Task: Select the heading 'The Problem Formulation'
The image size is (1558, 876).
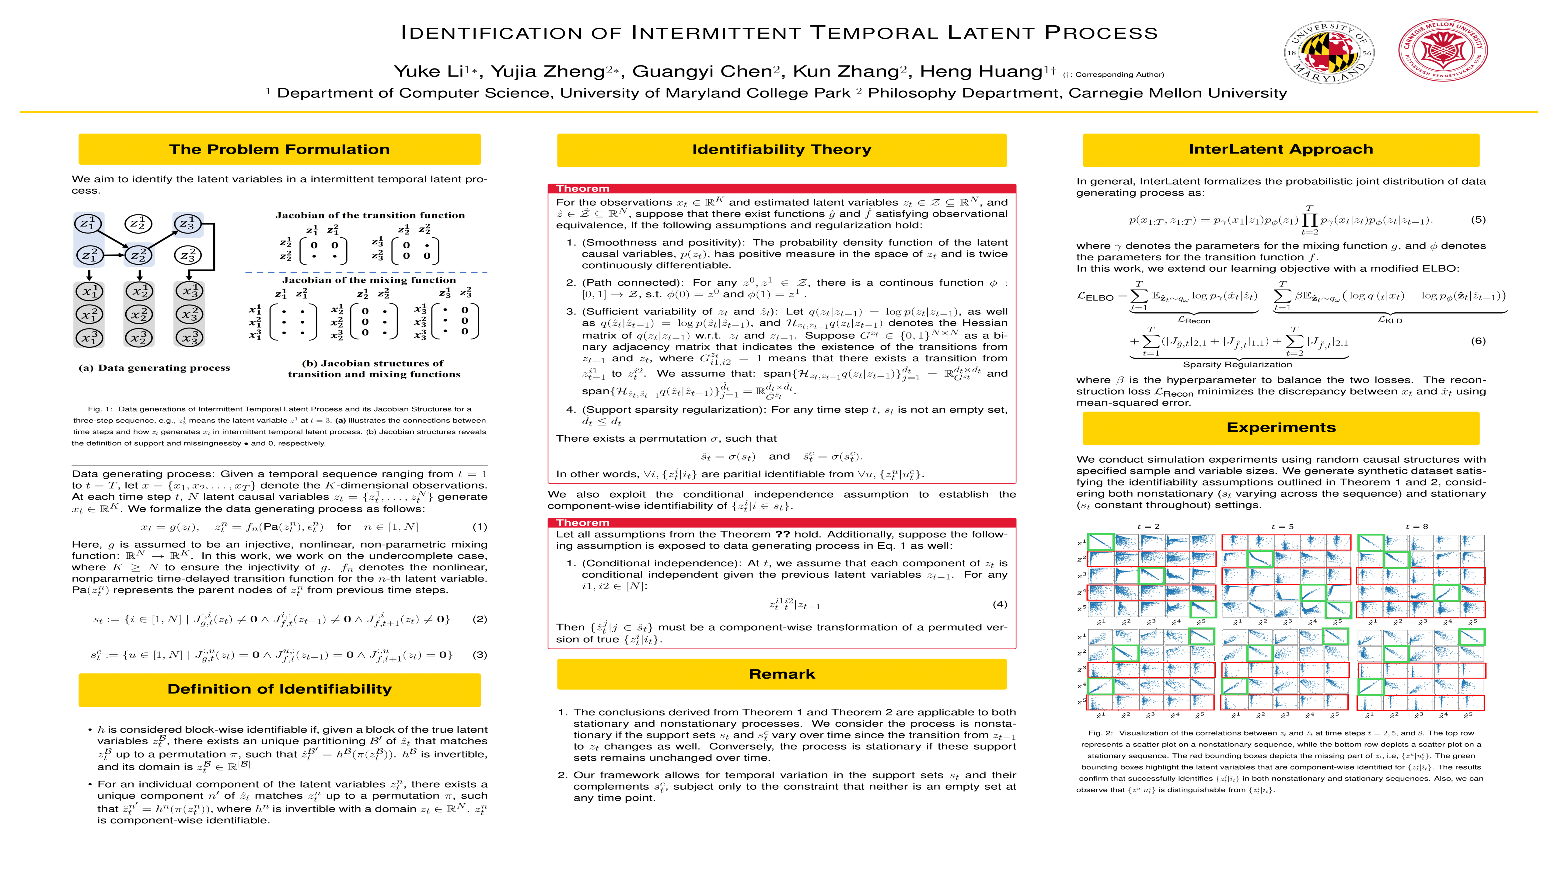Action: pos(279,149)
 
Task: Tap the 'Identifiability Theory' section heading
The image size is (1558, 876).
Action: pos(781,149)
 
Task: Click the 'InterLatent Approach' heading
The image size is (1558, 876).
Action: pos(1280,149)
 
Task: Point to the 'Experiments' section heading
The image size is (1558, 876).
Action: pos(1280,427)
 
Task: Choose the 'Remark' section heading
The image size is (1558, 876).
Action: pos(781,674)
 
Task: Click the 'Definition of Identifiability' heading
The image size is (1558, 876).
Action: pos(279,689)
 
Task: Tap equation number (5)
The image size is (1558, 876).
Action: pos(1478,219)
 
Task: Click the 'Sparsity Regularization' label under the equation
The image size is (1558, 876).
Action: pos(1237,365)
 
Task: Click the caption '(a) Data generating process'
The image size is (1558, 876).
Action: pos(154,367)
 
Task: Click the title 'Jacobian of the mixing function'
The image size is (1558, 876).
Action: pos(369,280)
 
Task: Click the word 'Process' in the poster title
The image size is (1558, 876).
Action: pos(1101,33)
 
